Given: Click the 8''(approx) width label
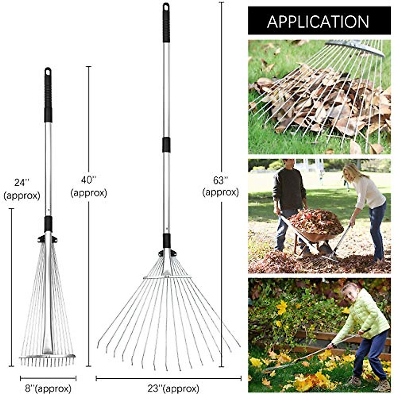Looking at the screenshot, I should coord(48,388).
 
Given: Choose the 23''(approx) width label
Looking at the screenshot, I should coord(168,388).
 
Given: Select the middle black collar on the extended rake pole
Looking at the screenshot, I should coord(166,145).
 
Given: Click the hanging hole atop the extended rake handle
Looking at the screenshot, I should coord(166,6).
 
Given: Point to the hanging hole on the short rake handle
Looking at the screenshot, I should coord(48,71).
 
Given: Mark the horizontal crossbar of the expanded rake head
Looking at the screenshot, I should coord(167,277).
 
